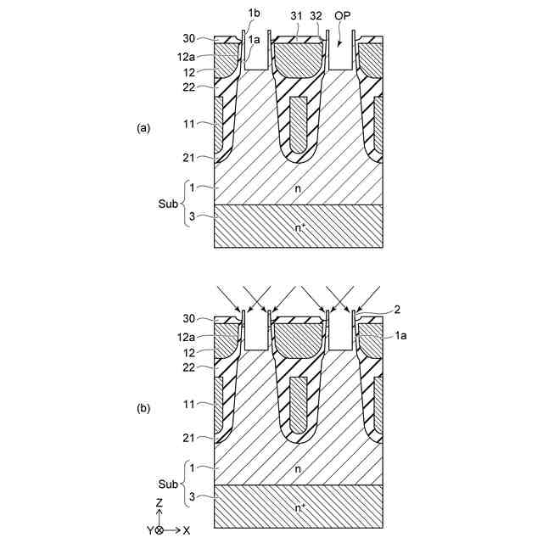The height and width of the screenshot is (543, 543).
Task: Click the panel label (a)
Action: coord(143,128)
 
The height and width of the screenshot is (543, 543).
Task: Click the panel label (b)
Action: coord(143,408)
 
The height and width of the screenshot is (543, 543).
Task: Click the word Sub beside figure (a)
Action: coord(169,204)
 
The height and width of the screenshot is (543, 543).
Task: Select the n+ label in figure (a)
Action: coord(299,227)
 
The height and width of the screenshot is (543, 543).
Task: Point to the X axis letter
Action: coord(187,529)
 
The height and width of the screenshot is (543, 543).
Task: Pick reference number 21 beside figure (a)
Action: coord(188,158)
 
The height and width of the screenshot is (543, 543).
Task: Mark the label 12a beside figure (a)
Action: coord(187,55)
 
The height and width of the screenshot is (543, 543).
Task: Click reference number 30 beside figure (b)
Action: coord(188,320)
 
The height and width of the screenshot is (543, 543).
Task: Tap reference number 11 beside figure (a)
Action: coord(188,123)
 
